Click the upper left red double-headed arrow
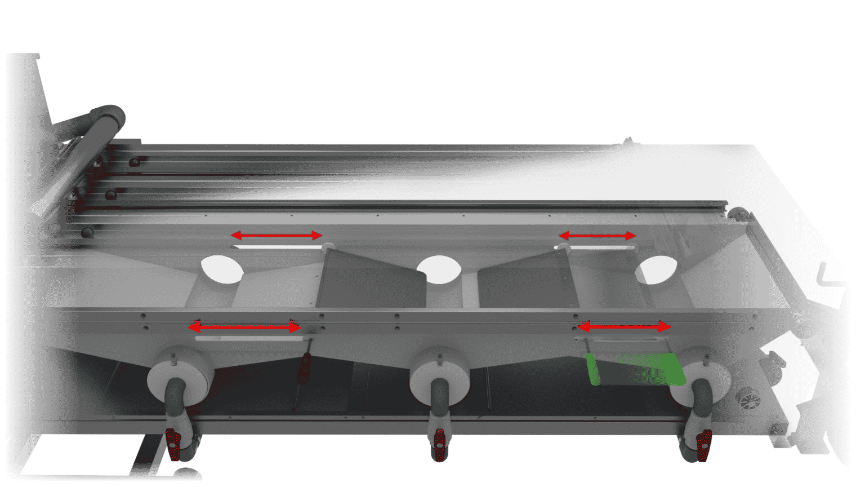coord(277,235)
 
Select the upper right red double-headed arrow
coord(598,236)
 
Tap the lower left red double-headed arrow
coord(244,327)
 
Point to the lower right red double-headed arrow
coord(625,326)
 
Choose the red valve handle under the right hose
coord(703,444)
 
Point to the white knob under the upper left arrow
coord(329,246)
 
